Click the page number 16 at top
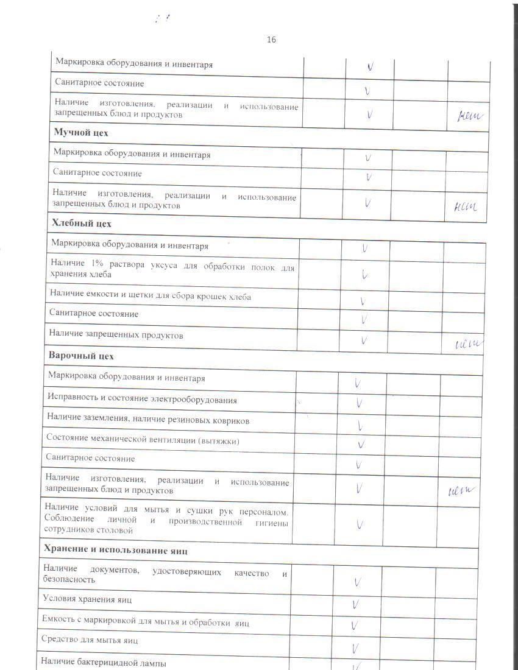271,40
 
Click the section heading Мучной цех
82,132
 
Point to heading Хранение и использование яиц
115,551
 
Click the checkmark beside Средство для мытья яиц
355,647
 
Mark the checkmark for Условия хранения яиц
355,605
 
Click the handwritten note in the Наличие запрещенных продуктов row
469,345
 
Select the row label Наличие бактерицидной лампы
103,663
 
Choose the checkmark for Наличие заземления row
361,425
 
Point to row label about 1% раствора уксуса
172,270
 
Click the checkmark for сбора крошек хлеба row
363,300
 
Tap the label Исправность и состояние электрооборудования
142,400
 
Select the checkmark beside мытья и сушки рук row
360,524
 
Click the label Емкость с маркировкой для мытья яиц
145,623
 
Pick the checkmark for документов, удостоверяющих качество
357,582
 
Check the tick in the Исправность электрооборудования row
360,403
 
